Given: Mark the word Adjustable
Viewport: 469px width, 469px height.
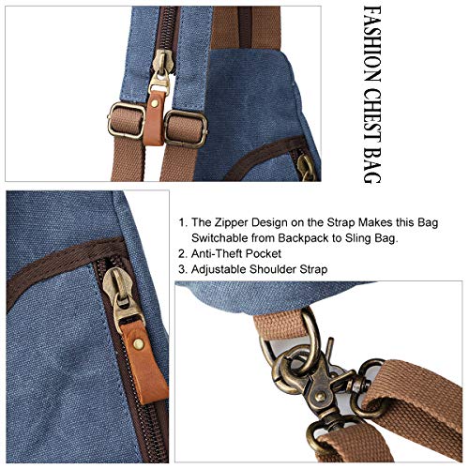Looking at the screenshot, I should [226, 270].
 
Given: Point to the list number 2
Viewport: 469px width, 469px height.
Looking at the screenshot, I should [182, 254].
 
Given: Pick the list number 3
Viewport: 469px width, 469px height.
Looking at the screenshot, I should [182, 270].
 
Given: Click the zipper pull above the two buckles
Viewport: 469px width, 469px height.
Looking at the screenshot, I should [165, 64].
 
